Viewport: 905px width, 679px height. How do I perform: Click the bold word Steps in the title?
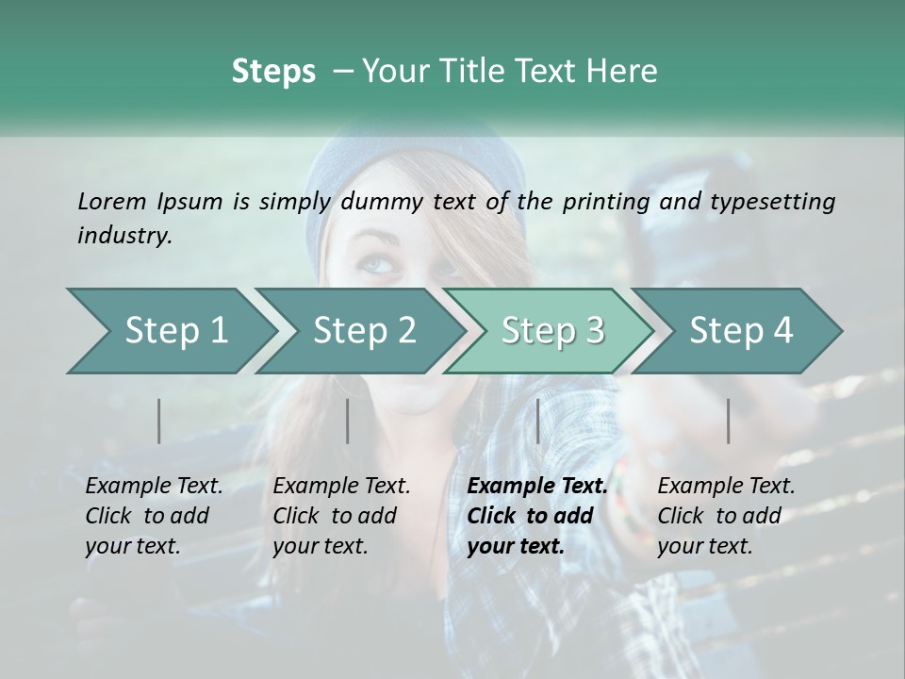(x=273, y=72)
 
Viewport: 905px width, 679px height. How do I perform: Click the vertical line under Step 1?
(x=159, y=421)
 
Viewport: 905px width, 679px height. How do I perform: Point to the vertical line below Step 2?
(x=348, y=421)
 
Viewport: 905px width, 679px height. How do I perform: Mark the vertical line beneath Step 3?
(x=538, y=421)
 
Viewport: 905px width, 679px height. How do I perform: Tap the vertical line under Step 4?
(x=729, y=421)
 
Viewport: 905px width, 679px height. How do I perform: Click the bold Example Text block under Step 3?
(x=537, y=516)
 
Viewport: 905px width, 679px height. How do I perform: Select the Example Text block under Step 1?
(x=154, y=516)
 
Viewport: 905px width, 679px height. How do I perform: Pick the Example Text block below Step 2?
(x=341, y=516)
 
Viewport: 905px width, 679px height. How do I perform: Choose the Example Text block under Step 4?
(x=726, y=516)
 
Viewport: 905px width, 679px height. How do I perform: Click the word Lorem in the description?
(x=112, y=201)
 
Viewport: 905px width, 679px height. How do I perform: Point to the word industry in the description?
(x=124, y=236)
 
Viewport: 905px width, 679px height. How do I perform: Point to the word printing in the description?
(x=608, y=202)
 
